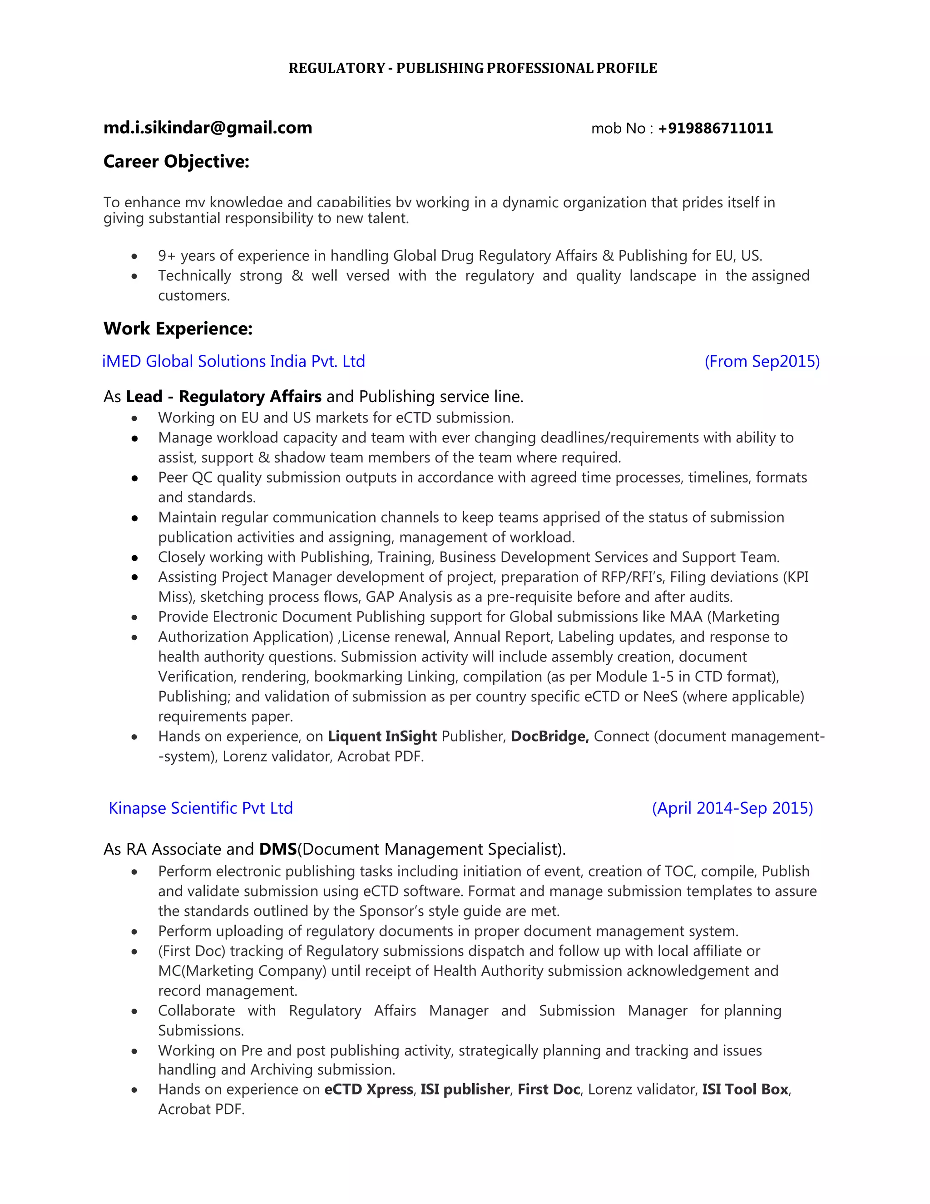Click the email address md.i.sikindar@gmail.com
tap(208, 128)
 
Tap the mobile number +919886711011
tap(715, 129)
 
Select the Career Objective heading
tap(176, 162)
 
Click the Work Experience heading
tap(178, 328)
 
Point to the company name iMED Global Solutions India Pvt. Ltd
tap(233, 362)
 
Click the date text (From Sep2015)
tap(762, 362)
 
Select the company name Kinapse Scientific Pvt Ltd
tap(201, 808)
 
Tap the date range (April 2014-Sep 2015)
tap(732, 808)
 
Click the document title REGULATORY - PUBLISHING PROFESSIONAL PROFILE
tap(473, 68)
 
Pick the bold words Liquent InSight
tap(382, 736)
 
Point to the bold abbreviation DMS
tap(277, 849)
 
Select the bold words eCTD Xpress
tap(369, 1090)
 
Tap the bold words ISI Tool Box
tap(745, 1090)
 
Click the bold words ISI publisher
tap(465, 1090)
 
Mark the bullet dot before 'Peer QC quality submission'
tap(134, 478)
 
